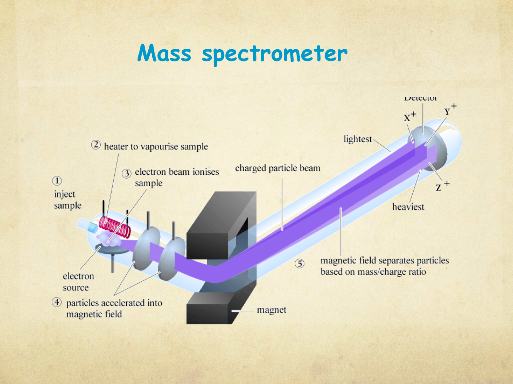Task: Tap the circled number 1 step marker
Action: pyautogui.click(x=57, y=181)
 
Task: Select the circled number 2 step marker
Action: pyautogui.click(x=96, y=145)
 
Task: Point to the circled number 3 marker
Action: pyautogui.click(x=127, y=173)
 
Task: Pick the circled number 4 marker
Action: pyautogui.click(x=57, y=302)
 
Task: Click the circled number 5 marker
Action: pyautogui.click(x=299, y=264)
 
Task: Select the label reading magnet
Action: pyautogui.click(x=271, y=310)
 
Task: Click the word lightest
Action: pyautogui.click(x=357, y=139)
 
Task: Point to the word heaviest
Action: pyautogui.click(x=408, y=207)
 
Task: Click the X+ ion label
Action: pyautogui.click(x=409, y=117)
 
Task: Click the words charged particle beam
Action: pyautogui.click(x=278, y=168)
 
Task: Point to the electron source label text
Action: pyautogui.click(x=78, y=282)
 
